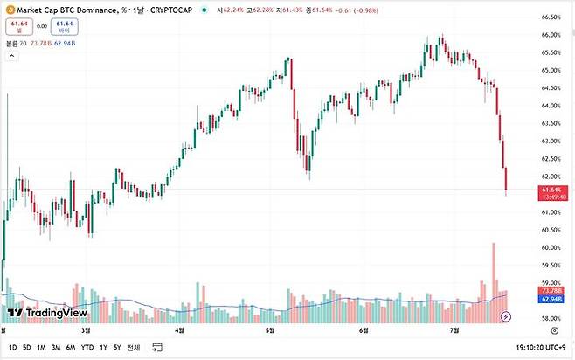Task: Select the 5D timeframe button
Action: [26, 347]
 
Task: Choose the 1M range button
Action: [41, 347]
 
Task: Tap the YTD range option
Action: [87, 347]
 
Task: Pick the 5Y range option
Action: [116, 347]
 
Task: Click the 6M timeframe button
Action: [71, 347]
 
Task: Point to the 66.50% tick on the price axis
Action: [550, 17]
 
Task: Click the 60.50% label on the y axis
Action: [550, 230]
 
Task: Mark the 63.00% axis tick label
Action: [550, 141]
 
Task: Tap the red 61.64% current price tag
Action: [554, 190]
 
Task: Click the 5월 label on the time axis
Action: [270, 331]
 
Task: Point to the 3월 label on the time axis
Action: [86, 331]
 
